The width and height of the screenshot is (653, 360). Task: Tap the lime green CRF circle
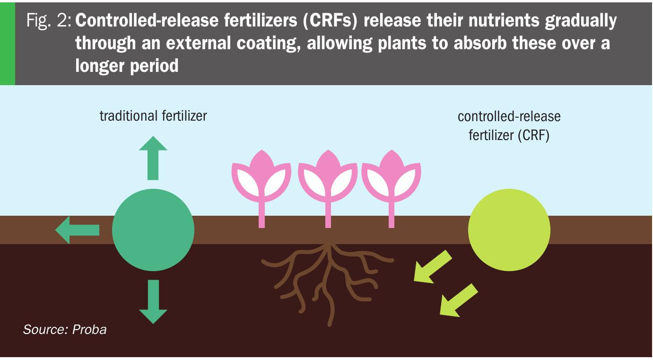pos(509,230)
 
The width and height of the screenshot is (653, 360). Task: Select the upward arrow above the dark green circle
pos(153,158)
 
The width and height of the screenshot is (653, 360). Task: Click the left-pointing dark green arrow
pos(77,230)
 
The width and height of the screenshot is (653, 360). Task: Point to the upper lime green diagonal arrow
pos(433,268)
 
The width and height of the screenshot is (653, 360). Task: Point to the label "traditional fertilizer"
pos(153,116)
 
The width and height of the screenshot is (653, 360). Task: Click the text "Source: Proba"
pos(65,330)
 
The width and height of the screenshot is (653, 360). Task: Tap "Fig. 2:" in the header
pos(48,21)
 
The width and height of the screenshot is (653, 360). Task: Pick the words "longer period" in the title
pos(127,66)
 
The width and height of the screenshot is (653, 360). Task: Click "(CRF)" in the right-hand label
pos(533,136)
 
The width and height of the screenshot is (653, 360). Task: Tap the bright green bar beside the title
pos(7,43)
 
